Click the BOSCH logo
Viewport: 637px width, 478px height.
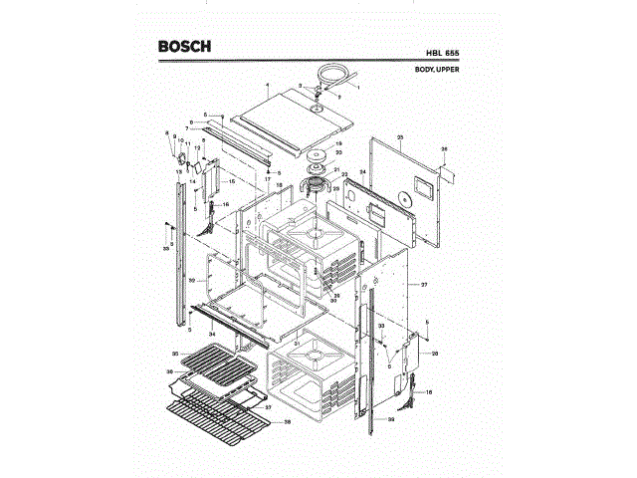184,47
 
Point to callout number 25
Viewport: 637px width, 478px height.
399,135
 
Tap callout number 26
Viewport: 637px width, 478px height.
445,149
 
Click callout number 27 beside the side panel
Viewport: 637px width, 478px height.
423,285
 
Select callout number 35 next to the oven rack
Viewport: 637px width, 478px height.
174,354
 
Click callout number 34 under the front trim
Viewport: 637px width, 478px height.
212,334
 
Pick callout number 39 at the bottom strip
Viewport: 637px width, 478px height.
391,422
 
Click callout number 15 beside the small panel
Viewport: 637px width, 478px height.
232,182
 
